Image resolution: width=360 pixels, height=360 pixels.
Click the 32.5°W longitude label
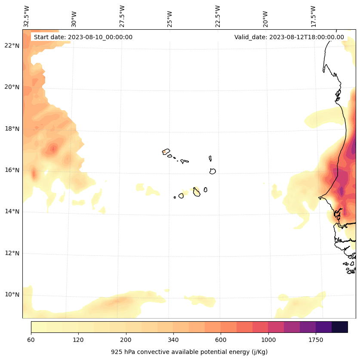27,16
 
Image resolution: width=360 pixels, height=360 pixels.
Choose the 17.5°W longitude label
313,16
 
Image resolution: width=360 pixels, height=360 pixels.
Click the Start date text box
83,37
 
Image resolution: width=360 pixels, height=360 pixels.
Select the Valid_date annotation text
289,37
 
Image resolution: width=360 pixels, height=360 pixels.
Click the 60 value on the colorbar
31,340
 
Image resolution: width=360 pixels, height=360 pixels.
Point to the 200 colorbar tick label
126,340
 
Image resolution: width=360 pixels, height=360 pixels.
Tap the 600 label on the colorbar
221,340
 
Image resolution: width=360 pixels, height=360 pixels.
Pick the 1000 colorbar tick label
268,340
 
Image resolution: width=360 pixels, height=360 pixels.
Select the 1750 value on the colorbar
316,340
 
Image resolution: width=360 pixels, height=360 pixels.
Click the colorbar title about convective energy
189,352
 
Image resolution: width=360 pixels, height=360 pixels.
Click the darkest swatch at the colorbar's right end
340,327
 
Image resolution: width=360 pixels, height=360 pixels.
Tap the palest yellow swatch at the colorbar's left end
39,327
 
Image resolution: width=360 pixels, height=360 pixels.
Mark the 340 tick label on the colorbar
173,340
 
